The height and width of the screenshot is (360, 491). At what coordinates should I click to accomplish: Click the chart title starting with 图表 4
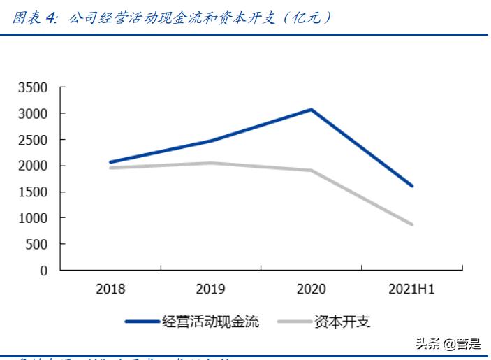(171, 17)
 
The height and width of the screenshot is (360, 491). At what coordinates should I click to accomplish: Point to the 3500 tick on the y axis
(33, 87)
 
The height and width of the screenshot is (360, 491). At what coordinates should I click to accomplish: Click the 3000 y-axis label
(33, 113)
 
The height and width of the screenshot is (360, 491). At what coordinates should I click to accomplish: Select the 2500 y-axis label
(33, 140)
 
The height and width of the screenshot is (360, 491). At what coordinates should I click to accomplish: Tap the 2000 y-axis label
(33, 166)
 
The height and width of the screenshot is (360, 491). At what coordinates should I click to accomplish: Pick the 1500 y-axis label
(33, 192)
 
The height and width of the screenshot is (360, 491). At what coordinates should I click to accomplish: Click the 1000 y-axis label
(33, 218)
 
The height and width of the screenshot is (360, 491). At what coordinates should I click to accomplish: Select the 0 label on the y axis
(43, 271)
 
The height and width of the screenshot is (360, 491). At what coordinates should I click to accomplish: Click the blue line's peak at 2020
(311, 110)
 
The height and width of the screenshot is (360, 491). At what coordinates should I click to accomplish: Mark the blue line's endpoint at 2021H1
(411, 186)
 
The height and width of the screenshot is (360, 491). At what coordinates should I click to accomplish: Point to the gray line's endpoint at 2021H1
(411, 224)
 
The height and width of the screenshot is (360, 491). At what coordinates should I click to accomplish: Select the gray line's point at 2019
(211, 163)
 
